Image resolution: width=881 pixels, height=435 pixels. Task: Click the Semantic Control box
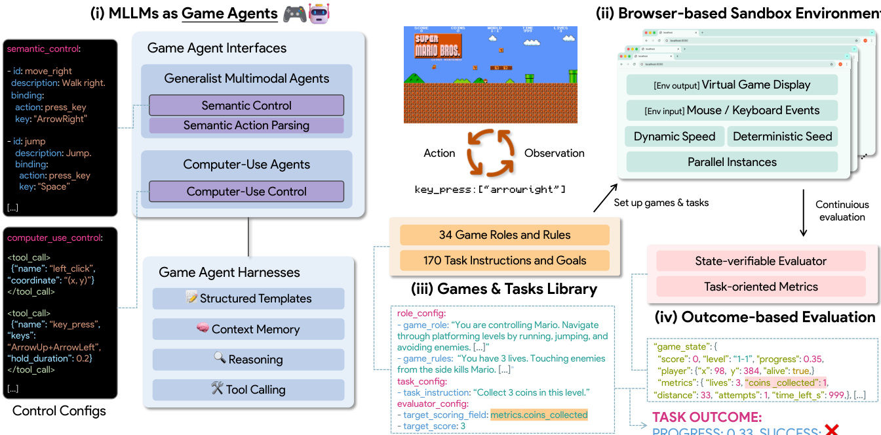click(x=246, y=105)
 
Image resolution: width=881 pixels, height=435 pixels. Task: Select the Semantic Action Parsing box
click(x=246, y=125)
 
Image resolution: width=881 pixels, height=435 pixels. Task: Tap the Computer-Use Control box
click(x=246, y=192)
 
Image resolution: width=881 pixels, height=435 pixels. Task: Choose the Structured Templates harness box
click(x=248, y=299)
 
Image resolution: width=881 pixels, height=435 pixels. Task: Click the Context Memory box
click(x=248, y=329)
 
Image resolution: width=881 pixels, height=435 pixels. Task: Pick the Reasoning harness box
click(x=248, y=360)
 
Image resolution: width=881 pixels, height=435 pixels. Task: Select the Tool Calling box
click(x=248, y=390)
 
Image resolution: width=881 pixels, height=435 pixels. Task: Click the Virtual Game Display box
click(x=732, y=85)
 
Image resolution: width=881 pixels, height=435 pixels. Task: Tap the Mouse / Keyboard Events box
click(x=732, y=110)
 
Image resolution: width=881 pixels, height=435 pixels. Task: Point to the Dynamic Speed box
click(x=675, y=136)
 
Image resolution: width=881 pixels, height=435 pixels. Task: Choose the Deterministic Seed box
click(x=782, y=136)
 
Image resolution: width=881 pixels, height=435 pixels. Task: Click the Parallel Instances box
click(x=732, y=162)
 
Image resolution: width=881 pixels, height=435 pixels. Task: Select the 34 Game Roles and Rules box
click(x=505, y=235)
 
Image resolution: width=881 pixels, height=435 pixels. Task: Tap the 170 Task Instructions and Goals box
click(x=505, y=260)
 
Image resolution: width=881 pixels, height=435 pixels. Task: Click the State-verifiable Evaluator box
click(x=761, y=261)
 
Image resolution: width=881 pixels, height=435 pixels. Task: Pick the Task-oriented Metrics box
click(x=761, y=287)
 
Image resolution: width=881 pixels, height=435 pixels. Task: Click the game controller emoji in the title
click(x=294, y=14)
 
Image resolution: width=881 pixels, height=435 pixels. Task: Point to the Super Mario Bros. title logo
click(x=438, y=46)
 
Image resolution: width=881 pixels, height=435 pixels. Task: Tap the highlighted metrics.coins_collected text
click(x=539, y=415)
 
